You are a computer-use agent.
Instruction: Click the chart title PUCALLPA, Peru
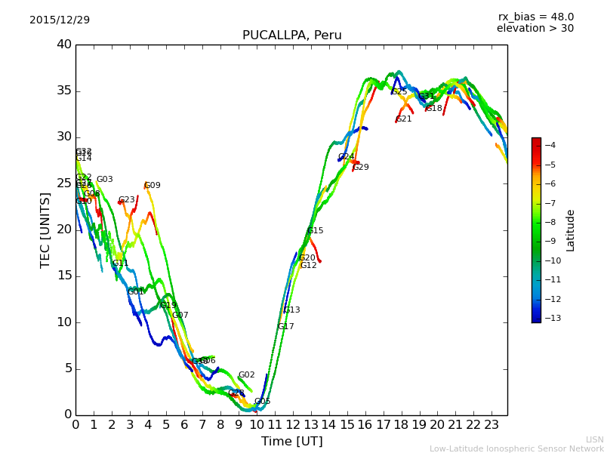tap(291, 35)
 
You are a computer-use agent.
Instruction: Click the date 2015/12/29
tap(60, 20)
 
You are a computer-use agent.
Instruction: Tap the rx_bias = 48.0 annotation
tap(535, 17)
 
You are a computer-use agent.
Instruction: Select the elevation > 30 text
tap(535, 29)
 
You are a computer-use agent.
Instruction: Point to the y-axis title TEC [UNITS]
tap(46, 230)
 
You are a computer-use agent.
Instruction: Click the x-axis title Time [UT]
tap(291, 441)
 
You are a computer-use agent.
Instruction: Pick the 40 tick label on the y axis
tap(63, 45)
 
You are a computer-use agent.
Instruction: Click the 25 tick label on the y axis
tap(63, 183)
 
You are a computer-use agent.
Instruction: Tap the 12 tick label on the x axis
tap(293, 424)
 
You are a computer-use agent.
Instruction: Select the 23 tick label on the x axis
tap(492, 424)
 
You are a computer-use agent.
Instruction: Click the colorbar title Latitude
tap(571, 230)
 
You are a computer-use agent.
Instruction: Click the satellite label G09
tap(152, 185)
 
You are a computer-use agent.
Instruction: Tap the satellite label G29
tap(361, 167)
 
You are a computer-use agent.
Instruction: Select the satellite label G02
tap(246, 374)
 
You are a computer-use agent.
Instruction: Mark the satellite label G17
tap(285, 326)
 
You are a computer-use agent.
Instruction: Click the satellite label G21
tap(404, 119)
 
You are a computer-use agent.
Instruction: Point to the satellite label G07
tap(180, 315)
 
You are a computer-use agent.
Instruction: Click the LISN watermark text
tap(594, 439)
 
